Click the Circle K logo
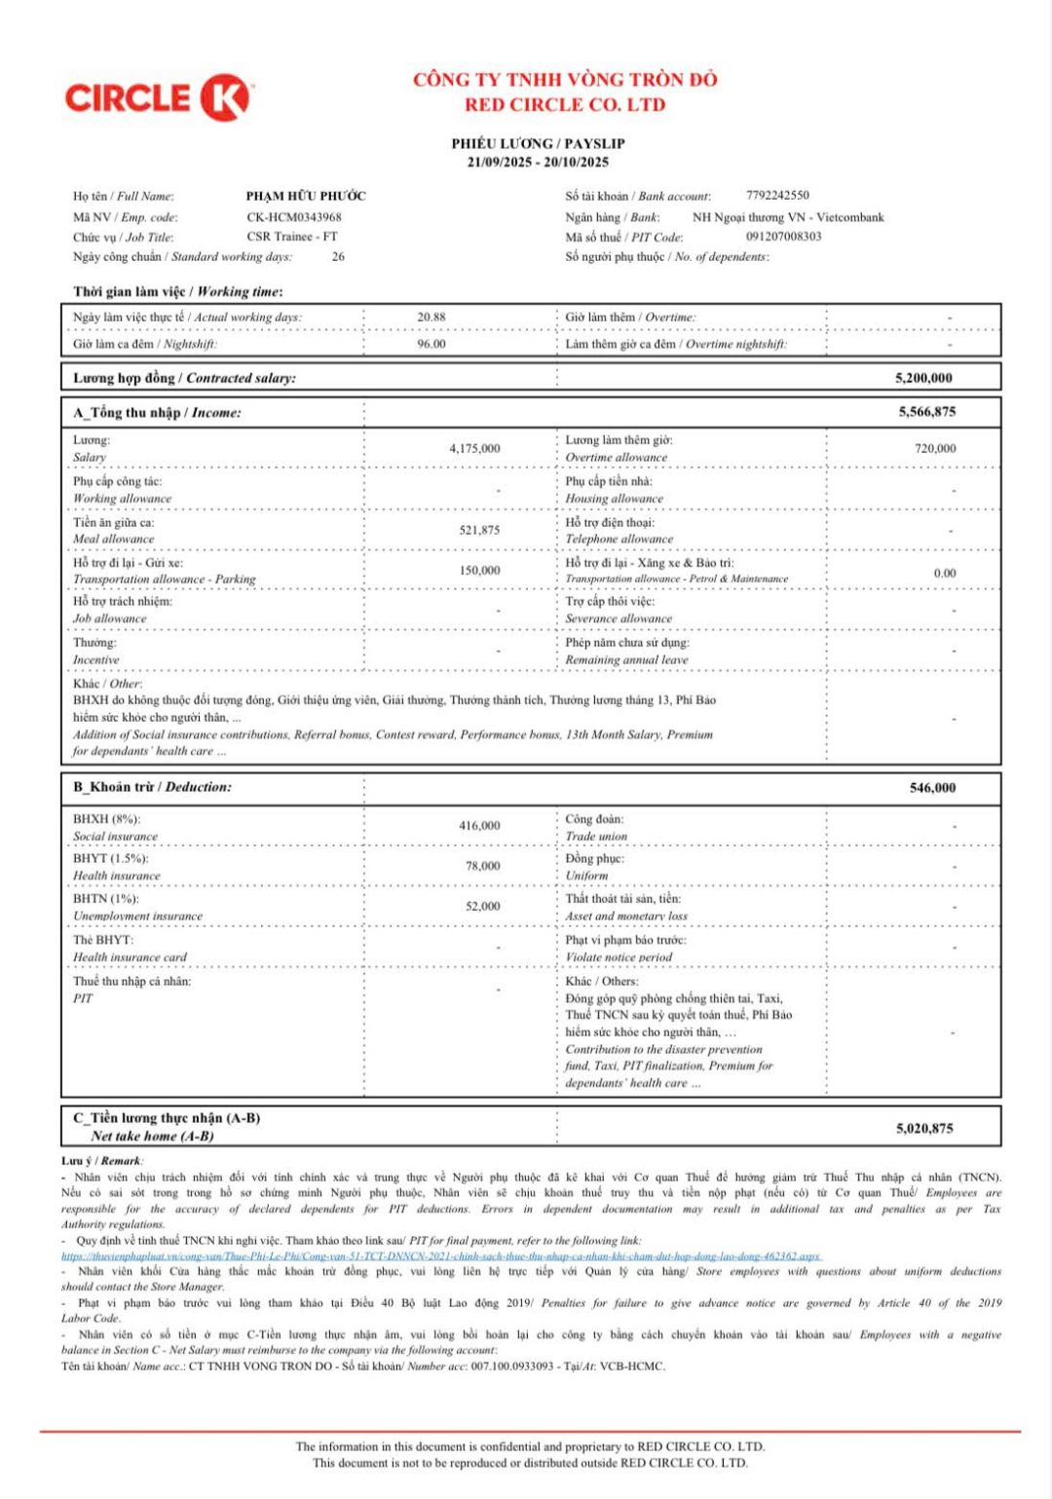click(158, 98)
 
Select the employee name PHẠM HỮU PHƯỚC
click(306, 196)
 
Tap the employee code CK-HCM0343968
click(294, 217)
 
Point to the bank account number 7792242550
click(777, 196)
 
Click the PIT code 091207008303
click(784, 237)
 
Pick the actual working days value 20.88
click(432, 317)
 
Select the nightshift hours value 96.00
click(432, 344)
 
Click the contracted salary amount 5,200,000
click(923, 378)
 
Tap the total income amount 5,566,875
click(926, 412)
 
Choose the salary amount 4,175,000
click(474, 449)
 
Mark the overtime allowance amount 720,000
click(935, 449)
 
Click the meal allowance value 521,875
click(479, 531)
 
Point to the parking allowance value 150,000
click(479, 571)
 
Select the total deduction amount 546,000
click(932, 788)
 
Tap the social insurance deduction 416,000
click(479, 826)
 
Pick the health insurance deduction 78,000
click(482, 866)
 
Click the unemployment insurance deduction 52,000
click(482, 907)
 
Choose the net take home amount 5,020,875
click(924, 1129)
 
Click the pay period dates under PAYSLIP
click(538, 163)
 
